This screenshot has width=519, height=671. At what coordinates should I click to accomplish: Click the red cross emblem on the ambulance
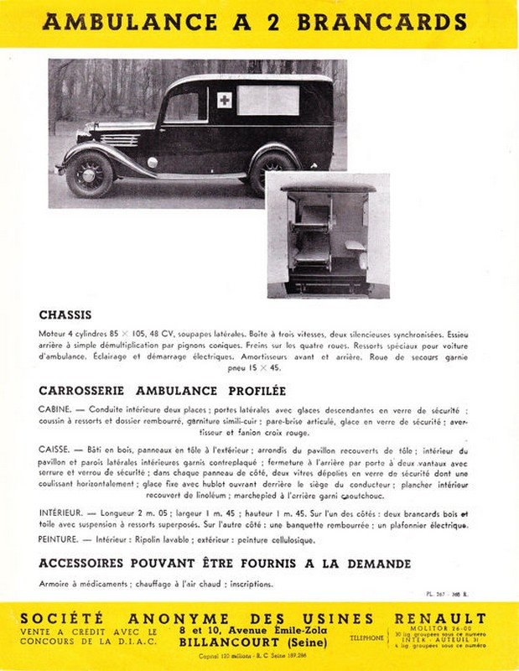click(x=224, y=101)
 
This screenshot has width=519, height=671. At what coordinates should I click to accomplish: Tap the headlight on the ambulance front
click(x=153, y=162)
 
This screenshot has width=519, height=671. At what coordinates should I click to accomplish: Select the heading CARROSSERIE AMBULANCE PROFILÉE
click(x=163, y=390)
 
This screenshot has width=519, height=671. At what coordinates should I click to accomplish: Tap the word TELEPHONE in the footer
click(x=368, y=638)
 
